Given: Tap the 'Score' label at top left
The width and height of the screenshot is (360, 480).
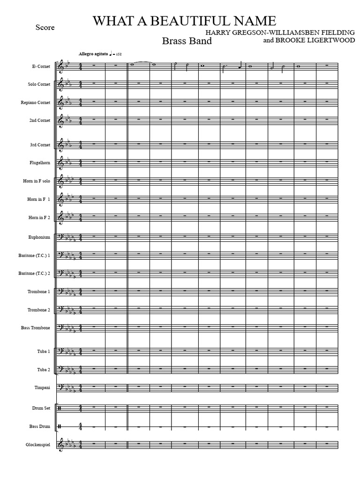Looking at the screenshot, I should pyautogui.click(x=45, y=28).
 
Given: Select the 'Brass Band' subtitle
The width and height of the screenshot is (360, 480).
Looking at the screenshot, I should pyautogui.click(x=187, y=41).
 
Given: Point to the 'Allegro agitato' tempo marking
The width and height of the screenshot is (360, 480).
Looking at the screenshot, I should pyautogui.click(x=94, y=54).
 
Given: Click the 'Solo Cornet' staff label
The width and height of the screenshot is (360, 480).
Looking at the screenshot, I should pyautogui.click(x=39, y=84).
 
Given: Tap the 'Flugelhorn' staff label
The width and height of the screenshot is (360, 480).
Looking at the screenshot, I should pyautogui.click(x=39, y=163).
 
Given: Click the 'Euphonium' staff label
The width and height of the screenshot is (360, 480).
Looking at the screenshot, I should pyautogui.click(x=39, y=237).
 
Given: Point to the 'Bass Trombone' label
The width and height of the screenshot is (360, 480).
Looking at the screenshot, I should pyautogui.click(x=36, y=328).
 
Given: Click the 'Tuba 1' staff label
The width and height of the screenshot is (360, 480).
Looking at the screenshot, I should pyautogui.click(x=43, y=351).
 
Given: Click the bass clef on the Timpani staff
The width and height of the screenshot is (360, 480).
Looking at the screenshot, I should pyautogui.click(x=61, y=387).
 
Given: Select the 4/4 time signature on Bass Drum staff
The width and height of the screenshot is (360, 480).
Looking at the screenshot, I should pyautogui.click(x=81, y=427).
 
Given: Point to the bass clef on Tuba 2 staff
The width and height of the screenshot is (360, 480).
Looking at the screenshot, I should pyautogui.click(x=61, y=369).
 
